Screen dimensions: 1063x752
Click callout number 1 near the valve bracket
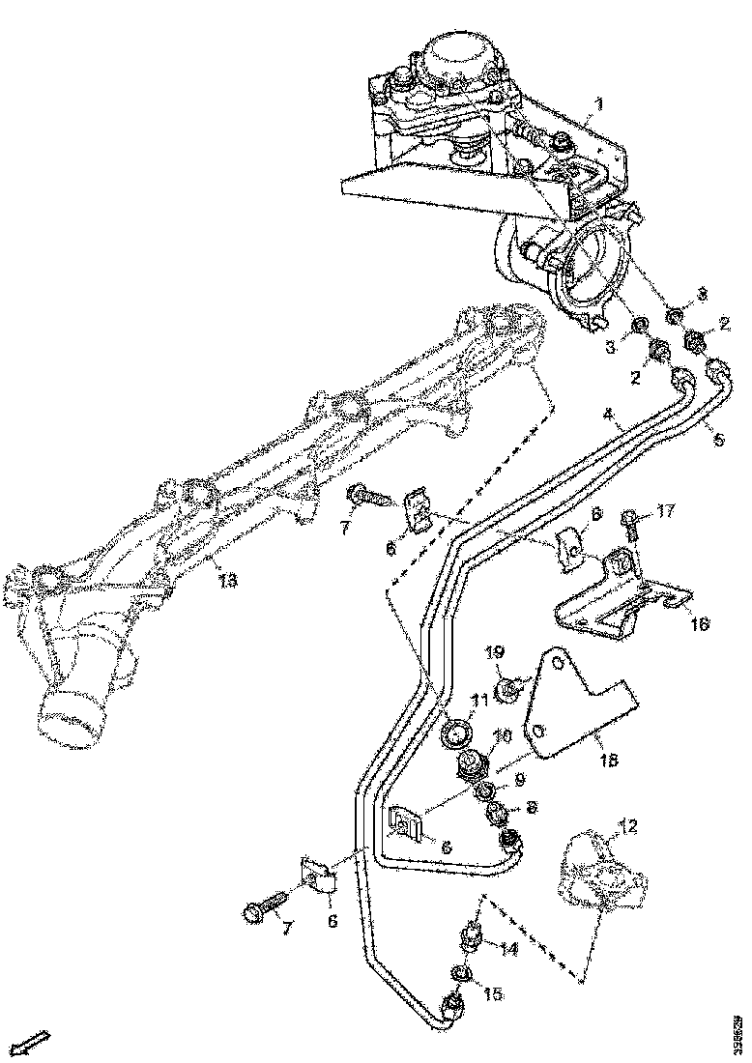tap(598, 102)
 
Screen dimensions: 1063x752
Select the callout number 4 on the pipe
tap(609, 417)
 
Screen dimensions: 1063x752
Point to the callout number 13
tap(226, 581)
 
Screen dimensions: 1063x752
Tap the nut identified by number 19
tap(508, 689)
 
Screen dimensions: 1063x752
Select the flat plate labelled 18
tap(580, 701)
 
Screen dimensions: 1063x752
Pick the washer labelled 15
tap(462, 971)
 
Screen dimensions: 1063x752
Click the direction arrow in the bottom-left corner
tap(35, 1042)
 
